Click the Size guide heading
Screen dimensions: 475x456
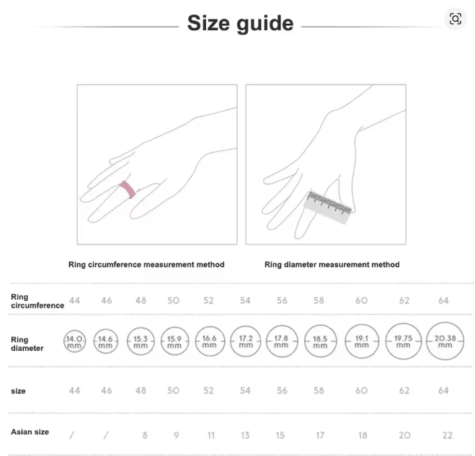tap(241, 23)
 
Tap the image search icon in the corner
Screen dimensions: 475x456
tap(456, 19)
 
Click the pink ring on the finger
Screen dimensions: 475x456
tap(128, 189)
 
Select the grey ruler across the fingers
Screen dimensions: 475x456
tap(328, 207)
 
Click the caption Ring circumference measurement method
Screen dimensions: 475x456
tap(146, 264)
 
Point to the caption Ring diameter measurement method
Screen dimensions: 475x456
tap(332, 264)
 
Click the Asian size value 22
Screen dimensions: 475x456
tap(448, 435)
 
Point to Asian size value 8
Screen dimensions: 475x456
tap(145, 435)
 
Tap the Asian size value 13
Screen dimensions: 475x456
tap(245, 435)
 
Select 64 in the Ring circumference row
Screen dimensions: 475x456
tap(443, 300)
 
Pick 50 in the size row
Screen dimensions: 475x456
tap(174, 390)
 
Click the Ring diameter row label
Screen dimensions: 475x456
tap(27, 344)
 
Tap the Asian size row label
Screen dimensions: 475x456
tap(30, 432)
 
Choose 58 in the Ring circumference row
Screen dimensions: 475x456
tap(319, 300)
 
